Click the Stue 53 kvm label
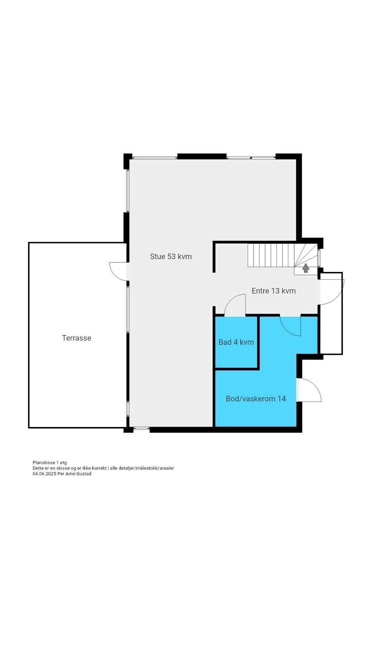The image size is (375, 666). click(171, 256)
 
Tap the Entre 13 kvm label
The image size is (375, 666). click(273, 291)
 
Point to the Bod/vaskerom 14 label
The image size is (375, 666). click(255, 398)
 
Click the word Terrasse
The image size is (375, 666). click(76, 338)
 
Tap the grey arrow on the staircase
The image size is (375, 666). click(306, 268)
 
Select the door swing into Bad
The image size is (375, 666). click(235, 305)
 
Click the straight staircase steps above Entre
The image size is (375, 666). click(270, 255)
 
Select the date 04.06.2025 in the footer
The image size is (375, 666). click(44, 474)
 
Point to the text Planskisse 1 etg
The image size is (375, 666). click(50, 462)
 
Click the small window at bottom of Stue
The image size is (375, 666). click(141, 428)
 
